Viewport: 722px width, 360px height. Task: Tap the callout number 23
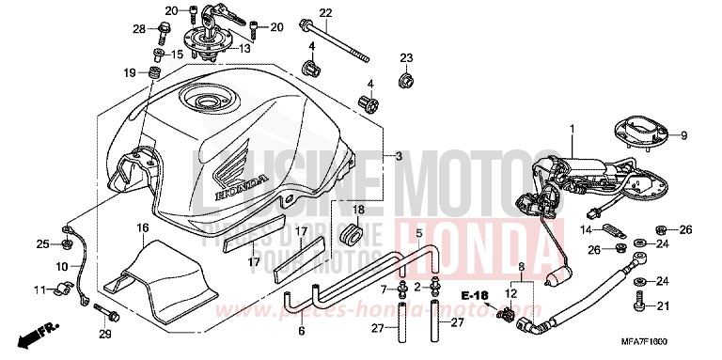[406, 58]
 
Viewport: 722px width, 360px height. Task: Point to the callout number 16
[143, 228]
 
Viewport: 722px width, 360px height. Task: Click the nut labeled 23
[406, 81]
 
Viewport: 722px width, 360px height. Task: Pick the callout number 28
[140, 30]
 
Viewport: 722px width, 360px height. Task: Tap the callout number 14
[583, 229]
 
